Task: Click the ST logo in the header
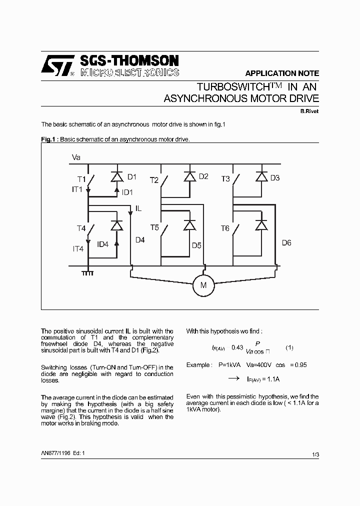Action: (58, 66)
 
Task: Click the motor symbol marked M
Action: (203, 285)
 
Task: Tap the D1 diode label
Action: (131, 176)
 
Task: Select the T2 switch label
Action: (154, 180)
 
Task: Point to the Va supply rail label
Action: (76, 157)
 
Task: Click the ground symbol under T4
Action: (88, 272)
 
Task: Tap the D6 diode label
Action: (286, 243)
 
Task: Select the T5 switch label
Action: (154, 228)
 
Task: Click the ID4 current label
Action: (102, 244)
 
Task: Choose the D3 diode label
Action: (275, 177)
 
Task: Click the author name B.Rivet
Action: (309, 111)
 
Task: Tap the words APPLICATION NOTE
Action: (282, 73)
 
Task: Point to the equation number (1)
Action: (289, 347)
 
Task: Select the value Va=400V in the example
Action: (250, 365)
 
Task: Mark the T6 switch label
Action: (225, 228)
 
